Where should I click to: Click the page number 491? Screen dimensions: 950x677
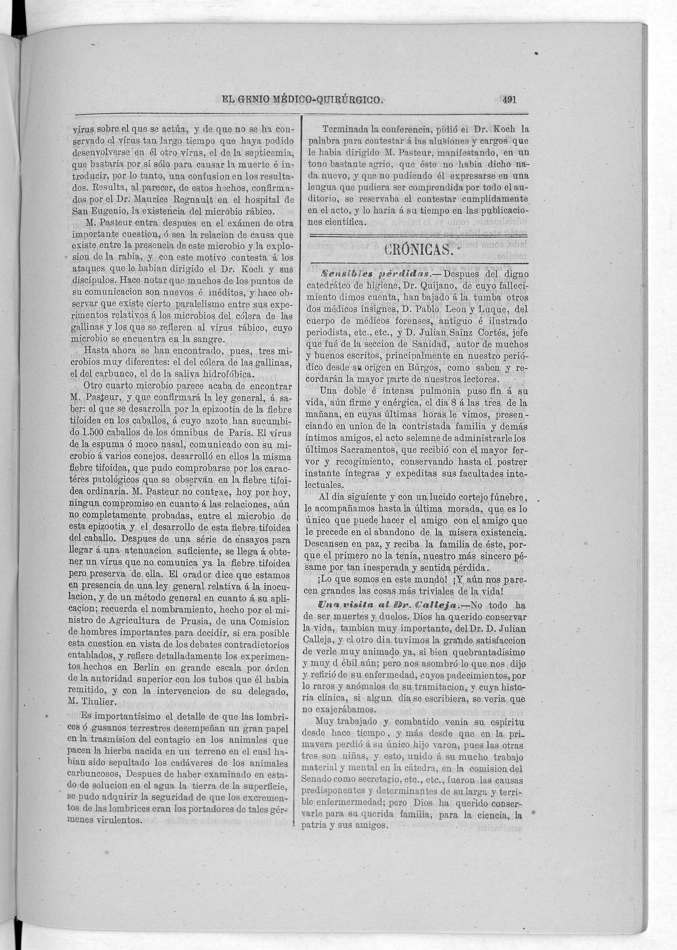point(509,100)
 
